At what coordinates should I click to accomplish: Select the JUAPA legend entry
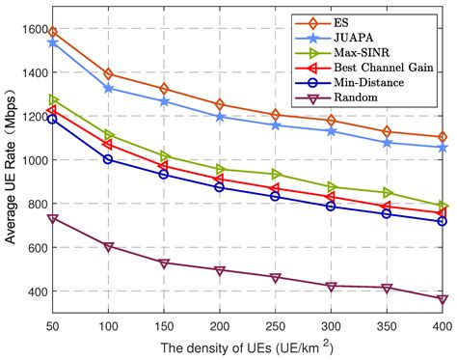tap(375, 38)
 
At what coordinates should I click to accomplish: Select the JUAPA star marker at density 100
tap(109, 88)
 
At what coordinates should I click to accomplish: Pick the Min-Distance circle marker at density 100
tap(109, 159)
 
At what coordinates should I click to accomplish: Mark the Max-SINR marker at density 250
tap(276, 174)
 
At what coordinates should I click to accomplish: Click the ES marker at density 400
tap(443, 137)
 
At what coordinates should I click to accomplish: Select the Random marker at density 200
tap(220, 271)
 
